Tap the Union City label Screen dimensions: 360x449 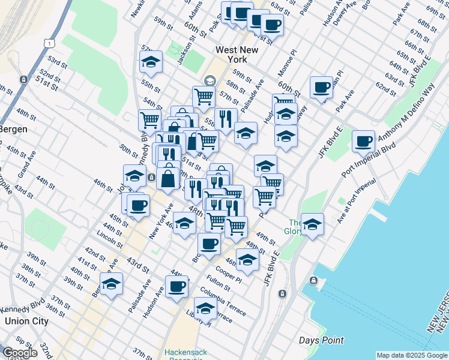click(x=26, y=320)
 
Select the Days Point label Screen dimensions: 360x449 click(x=322, y=340)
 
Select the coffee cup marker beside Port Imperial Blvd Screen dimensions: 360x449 click(x=363, y=142)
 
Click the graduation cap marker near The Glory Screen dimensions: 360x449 click(x=312, y=224)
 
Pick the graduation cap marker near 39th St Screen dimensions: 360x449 click(x=111, y=284)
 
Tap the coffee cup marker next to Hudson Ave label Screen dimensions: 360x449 click(x=176, y=286)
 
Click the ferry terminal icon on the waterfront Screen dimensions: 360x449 click(x=313, y=281)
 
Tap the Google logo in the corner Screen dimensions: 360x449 click(x=19, y=353)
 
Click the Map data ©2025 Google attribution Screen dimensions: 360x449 click(x=412, y=355)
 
